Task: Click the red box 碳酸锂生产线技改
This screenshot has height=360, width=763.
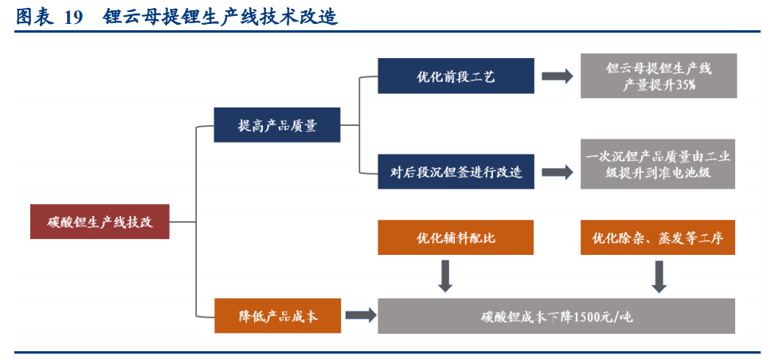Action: [100, 221]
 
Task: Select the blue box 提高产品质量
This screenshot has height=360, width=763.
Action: [277, 125]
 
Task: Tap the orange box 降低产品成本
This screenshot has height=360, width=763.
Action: [277, 316]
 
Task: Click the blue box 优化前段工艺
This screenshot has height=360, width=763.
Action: [456, 76]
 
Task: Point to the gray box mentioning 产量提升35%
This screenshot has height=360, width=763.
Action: [658, 76]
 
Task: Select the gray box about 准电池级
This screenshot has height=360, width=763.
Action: [658, 164]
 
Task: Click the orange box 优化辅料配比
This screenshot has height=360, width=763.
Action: [456, 237]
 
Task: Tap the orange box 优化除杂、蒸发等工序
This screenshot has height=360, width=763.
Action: [658, 237]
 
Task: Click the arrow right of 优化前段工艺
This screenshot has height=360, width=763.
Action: [557, 76]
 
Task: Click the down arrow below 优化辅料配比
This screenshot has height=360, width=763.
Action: [445, 276]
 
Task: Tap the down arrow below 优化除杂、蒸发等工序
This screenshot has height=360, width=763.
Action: [659, 276]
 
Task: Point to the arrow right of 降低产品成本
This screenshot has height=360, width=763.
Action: [360, 316]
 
